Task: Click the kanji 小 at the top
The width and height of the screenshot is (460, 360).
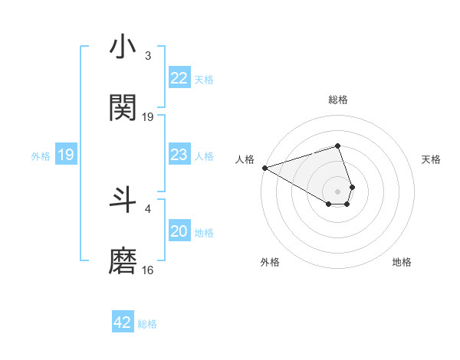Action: click(123, 47)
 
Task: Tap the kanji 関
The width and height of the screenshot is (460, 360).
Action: click(123, 108)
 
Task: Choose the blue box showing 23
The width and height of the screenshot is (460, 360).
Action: click(179, 155)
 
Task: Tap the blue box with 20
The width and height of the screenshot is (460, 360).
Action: click(179, 232)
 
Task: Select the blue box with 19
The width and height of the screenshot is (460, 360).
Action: click(65, 155)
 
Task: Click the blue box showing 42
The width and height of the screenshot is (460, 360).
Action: click(123, 322)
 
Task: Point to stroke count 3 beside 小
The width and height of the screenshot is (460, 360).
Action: click(148, 56)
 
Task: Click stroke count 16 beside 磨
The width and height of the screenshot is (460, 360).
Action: click(148, 270)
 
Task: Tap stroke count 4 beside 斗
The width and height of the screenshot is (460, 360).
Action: click(148, 208)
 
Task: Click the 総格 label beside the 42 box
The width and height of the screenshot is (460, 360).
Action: click(147, 324)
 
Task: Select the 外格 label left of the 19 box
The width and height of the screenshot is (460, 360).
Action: click(41, 156)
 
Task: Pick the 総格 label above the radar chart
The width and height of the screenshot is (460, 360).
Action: click(338, 100)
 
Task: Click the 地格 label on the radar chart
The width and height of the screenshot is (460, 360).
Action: click(402, 262)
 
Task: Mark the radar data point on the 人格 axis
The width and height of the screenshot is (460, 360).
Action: click(264, 167)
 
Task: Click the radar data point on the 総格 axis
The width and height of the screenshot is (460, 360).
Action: click(337, 146)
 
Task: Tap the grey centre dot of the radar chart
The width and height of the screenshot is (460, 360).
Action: click(337, 191)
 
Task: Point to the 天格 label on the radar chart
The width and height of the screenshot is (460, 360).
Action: click(431, 159)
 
